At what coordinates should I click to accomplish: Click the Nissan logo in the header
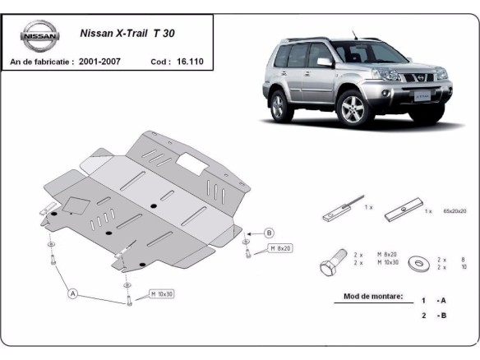tap(40, 37)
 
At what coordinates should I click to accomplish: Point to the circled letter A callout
tap(72, 293)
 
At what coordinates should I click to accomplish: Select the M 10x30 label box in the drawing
tap(160, 293)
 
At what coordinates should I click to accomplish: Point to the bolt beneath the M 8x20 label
tap(248, 252)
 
